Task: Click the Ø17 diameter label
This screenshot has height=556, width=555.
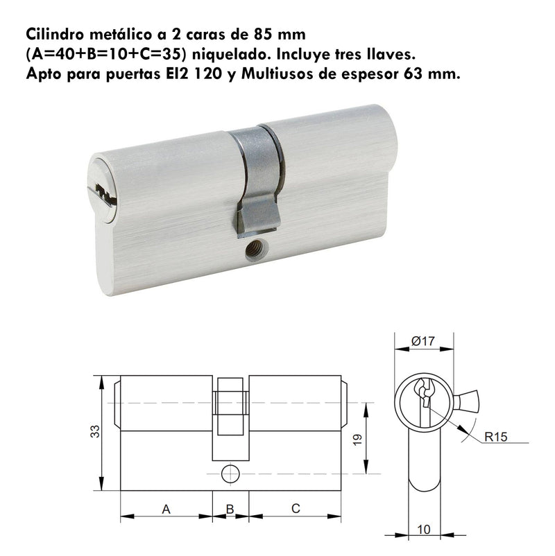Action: pos(422,341)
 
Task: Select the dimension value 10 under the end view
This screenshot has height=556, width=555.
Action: pos(424,530)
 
